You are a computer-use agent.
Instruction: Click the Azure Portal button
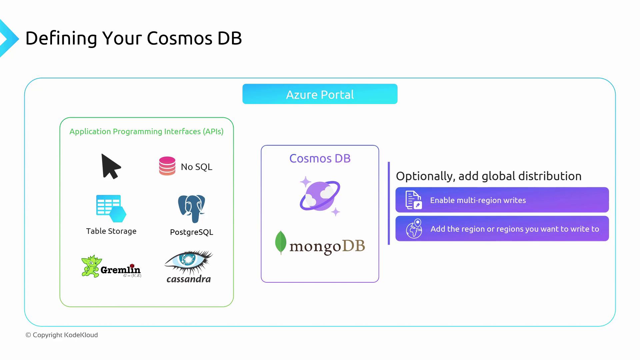320,94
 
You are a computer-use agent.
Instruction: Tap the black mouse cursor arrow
110,166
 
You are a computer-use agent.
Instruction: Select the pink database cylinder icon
167,166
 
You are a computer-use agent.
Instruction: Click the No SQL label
196,167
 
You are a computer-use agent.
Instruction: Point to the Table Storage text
111,231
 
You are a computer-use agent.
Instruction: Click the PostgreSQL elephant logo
191,208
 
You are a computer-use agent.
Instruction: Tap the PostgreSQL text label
191,232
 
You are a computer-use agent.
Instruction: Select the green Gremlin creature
91,266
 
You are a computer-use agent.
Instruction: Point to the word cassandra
189,279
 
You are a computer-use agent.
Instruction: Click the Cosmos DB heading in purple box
320,158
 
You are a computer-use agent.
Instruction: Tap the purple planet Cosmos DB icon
320,197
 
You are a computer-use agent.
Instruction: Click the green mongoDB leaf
281,242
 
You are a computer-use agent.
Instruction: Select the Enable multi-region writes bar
502,200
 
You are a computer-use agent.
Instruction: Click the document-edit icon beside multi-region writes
413,200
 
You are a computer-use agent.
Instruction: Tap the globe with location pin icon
414,229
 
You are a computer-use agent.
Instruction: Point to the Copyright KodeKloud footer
62,335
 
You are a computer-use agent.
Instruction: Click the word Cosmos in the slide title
179,38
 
